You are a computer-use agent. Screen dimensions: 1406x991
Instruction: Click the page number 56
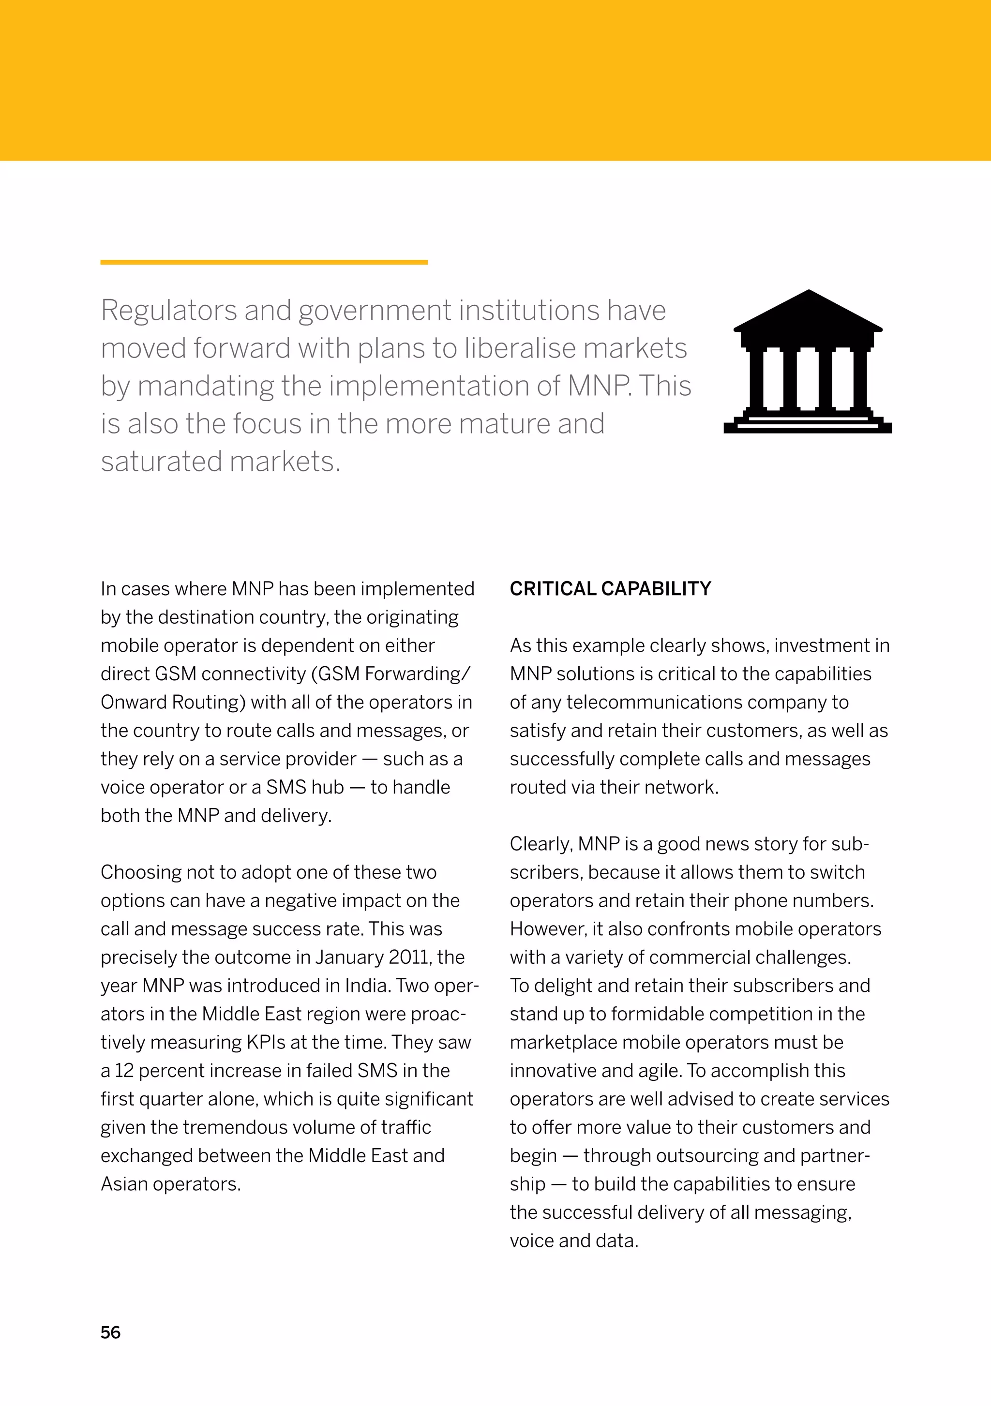pos(110,1332)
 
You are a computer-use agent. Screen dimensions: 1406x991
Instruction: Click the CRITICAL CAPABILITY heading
pos(610,588)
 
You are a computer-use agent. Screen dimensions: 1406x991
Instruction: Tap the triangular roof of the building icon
pos(808,311)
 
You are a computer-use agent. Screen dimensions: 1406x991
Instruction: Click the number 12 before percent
pos(124,1070)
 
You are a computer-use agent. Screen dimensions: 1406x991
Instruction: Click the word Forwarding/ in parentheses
pos(418,673)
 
